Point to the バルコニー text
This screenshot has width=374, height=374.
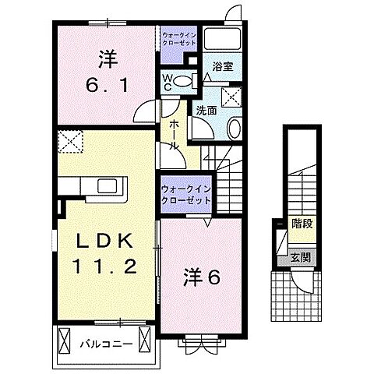tap(102, 341)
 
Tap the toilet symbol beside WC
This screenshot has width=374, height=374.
tap(185, 80)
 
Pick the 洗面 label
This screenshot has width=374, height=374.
tap(206, 110)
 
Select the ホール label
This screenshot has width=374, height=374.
tap(173, 137)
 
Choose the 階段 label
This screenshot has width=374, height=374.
tap(302, 221)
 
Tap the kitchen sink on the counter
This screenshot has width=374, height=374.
tap(105, 185)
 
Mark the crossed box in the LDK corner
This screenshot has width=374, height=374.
tap(69, 142)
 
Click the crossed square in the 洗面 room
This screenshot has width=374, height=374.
tap(230, 97)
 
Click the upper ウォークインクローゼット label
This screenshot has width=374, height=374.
tap(180, 39)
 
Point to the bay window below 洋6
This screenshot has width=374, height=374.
tap(199, 340)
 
